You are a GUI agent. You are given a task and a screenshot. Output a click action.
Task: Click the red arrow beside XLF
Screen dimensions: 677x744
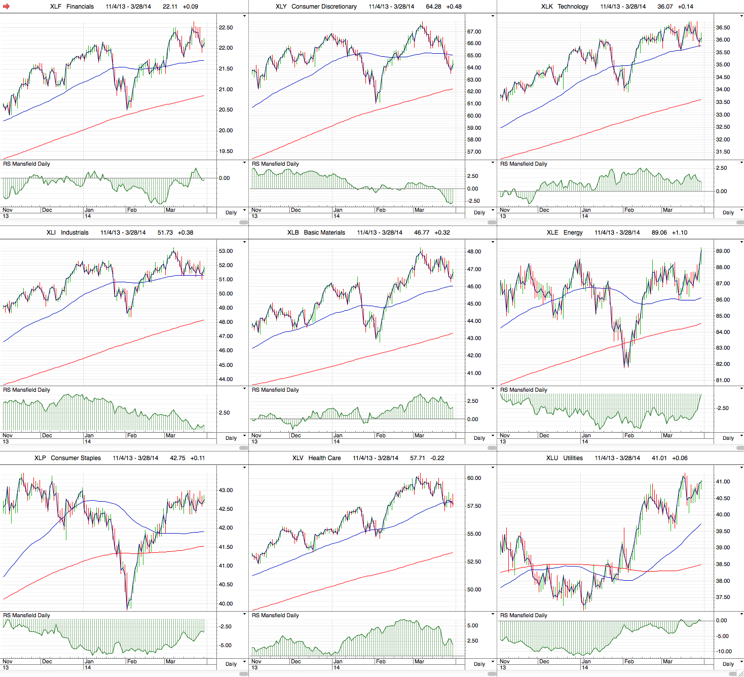[x=6, y=7]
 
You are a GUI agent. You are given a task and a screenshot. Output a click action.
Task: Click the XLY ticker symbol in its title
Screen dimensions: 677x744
[x=281, y=7]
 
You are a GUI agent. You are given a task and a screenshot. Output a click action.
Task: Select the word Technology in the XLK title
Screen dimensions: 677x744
[x=573, y=7]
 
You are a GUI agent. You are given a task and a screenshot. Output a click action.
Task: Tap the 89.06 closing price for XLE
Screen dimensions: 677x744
[x=659, y=233]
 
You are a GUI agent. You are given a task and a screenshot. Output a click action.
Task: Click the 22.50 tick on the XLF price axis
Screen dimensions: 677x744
[x=226, y=27]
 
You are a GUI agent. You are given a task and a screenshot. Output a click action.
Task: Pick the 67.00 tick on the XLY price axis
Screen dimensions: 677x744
[x=474, y=31]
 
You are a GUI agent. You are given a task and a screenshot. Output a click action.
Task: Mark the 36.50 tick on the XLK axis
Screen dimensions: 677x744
[x=723, y=27]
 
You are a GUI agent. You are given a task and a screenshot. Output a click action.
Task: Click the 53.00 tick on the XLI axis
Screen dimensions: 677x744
[x=226, y=251]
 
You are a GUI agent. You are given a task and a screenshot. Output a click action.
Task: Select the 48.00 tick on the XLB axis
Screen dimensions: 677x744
[x=474, y=252]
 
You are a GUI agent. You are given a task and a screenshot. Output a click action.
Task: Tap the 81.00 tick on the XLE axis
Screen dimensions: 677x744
[x=723, y=381]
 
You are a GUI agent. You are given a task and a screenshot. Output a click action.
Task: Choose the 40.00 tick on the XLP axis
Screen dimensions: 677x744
[x=226, y=604]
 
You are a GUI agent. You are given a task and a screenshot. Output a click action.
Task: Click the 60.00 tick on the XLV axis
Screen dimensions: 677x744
[x=474, y=478]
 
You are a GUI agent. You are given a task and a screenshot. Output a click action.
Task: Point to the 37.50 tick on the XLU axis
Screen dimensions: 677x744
[x=723, y=597]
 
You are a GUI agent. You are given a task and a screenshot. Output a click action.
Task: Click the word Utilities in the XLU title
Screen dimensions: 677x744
[x=573, y=458]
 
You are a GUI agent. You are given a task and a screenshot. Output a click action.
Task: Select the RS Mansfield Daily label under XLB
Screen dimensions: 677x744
[x=275, y=390]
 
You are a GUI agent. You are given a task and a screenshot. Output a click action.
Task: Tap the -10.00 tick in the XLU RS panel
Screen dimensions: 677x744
[x=723, y=652]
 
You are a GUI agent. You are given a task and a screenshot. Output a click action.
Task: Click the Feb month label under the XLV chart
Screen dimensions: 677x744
[x=381, y=661]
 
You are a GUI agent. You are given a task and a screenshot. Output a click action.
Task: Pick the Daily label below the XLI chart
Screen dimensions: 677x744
[x=231, y=438]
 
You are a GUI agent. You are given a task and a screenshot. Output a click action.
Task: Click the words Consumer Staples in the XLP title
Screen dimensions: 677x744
[x=76, y=458]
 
